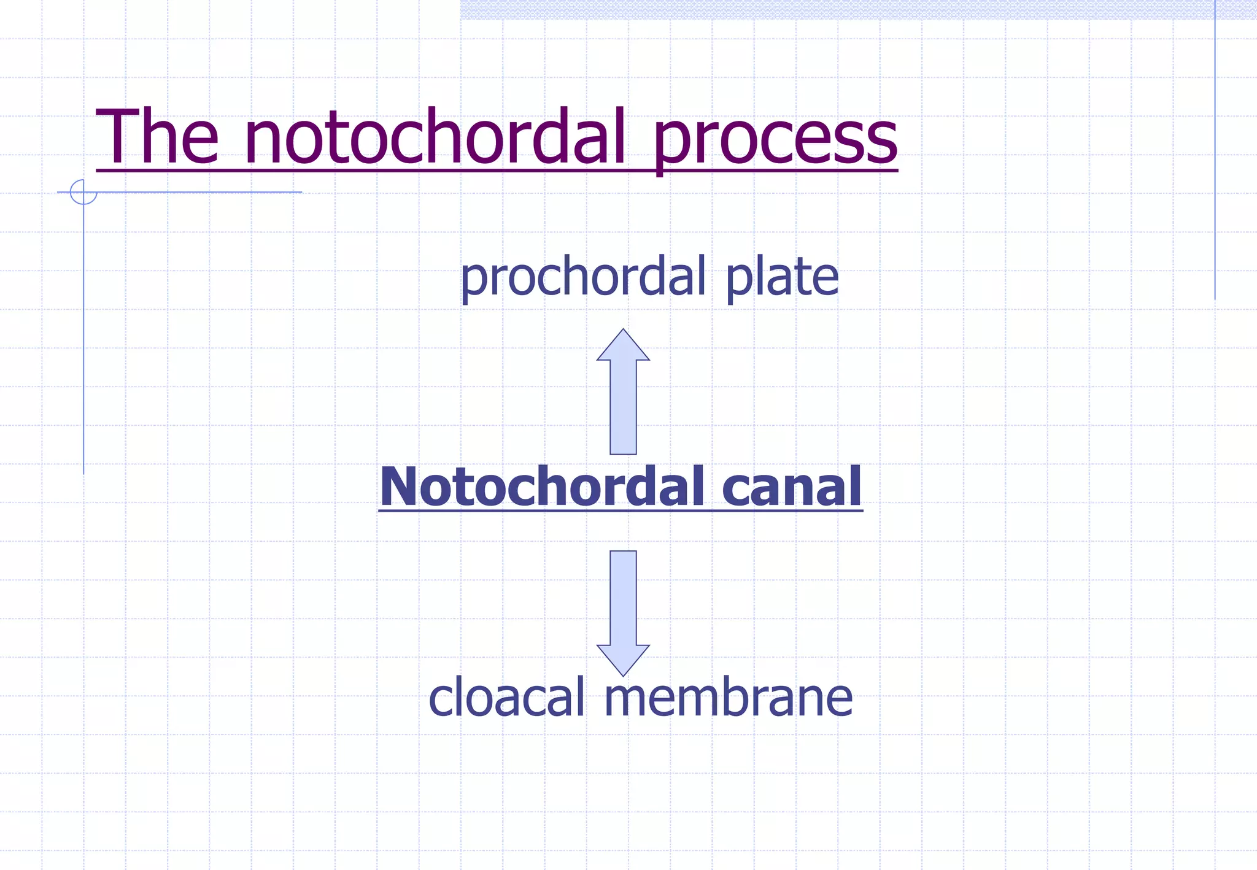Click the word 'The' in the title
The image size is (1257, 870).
tap(157, 137)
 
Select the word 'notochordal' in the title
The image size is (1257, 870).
tap(435, 137)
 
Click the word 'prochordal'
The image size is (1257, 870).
tap(583, 278)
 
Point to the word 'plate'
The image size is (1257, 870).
tap(782, 278)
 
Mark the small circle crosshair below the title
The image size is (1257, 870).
tap(83, 192)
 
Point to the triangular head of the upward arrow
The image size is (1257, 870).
tap(623, 346)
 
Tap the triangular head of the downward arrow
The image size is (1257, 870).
tap(623, 659)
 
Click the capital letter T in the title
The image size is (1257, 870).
tap(118, 137)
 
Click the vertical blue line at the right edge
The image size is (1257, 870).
tap(1215, 153)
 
